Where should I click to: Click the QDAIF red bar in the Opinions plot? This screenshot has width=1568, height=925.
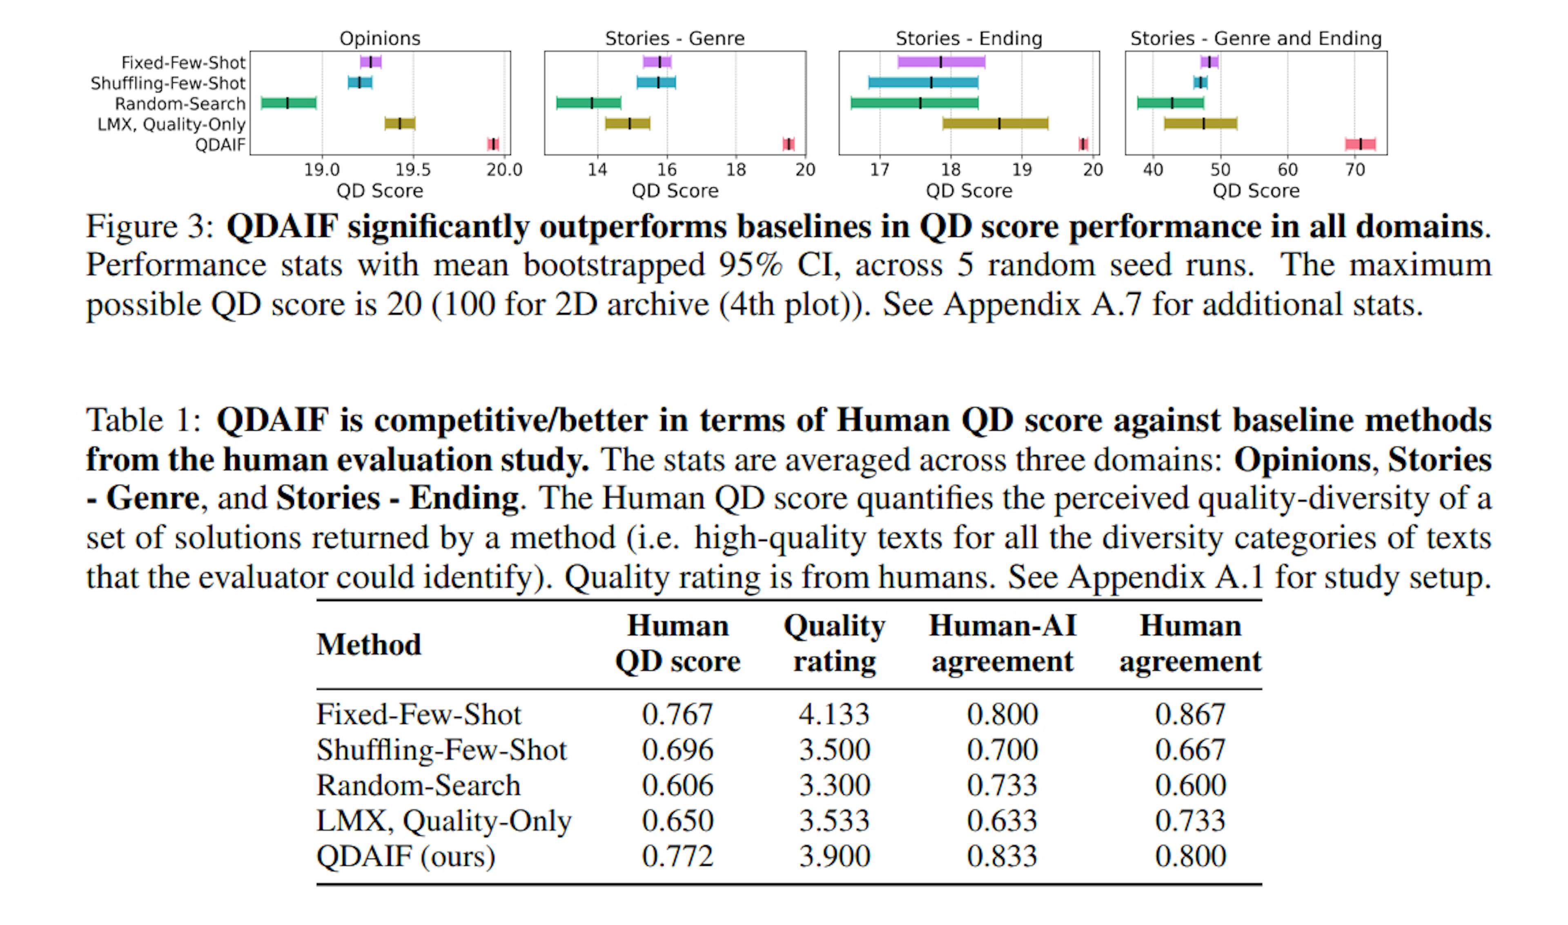coord(493,144)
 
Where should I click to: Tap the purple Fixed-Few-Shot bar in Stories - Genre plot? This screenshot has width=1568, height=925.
coord(657,62)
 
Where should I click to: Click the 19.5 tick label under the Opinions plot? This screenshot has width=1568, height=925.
coord(413,170)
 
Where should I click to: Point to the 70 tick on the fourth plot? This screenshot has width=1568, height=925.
coord(1355,170)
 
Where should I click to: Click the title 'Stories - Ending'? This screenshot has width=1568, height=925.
coord(969,39)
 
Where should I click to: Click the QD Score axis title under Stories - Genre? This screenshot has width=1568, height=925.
coord(675,191)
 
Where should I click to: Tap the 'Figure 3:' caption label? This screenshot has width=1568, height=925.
coord(149,226)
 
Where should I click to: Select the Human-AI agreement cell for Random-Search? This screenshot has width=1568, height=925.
coord(1002,785)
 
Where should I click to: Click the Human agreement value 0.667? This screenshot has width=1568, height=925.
coord(1190,749)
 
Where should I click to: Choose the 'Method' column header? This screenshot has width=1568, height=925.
coord(369,644)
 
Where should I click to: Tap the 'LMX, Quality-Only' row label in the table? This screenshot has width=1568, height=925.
coord(443,820)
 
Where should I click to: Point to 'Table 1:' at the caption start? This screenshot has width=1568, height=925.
coord(143,420)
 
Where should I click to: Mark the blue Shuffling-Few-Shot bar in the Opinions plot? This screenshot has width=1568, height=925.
coord(359,82)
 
